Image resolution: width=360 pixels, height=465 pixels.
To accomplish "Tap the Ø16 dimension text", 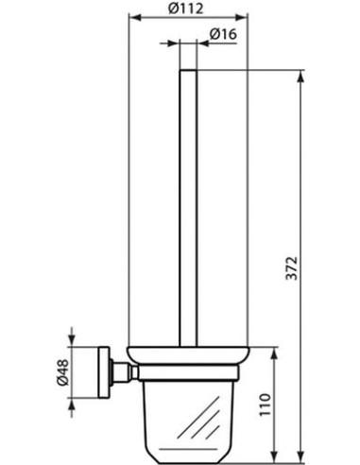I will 223,34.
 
